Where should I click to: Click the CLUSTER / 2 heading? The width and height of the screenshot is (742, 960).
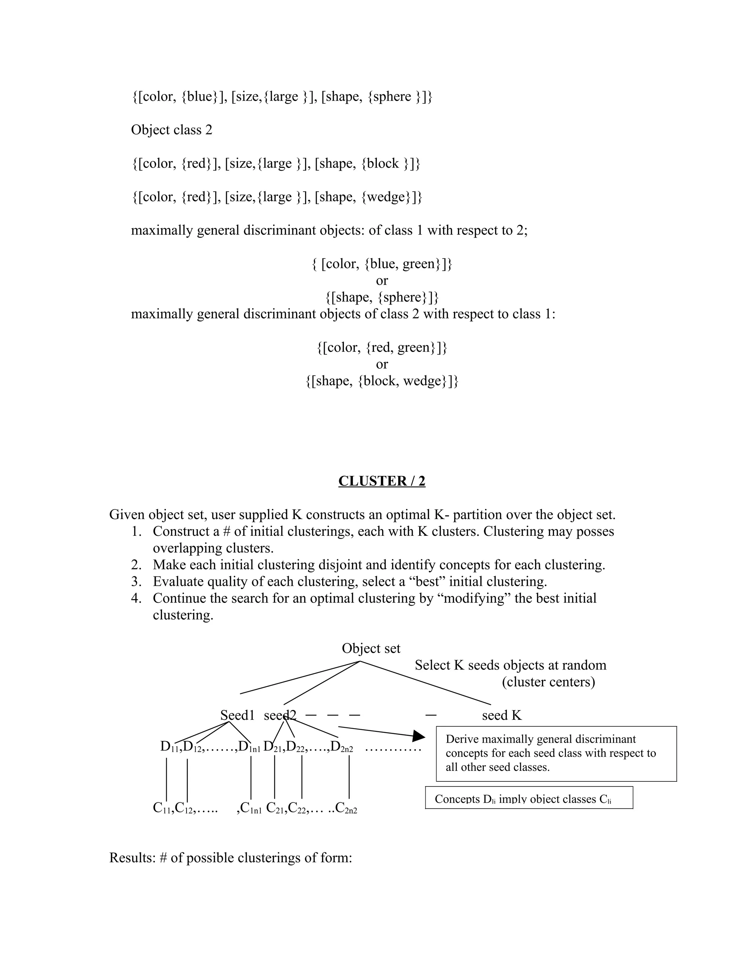(x=382, y=481)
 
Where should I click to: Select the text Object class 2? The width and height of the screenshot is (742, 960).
(x=171, y=130)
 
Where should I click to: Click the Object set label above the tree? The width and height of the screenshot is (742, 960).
(x=371, y=648)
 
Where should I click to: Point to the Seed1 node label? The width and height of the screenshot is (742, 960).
(x=237, y=715)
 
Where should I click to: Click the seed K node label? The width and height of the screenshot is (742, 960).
(x=501, y=715)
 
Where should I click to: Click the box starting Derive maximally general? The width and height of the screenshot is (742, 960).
(x=556, y=754)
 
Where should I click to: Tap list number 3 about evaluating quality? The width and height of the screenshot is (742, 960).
(x=136, y=581)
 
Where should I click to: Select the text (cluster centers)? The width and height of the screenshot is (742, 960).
(x=548, y=682)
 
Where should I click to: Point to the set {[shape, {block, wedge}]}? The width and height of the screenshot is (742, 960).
(x=382, y=381)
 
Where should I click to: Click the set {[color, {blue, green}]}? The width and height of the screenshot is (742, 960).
(x=382, y=264)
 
